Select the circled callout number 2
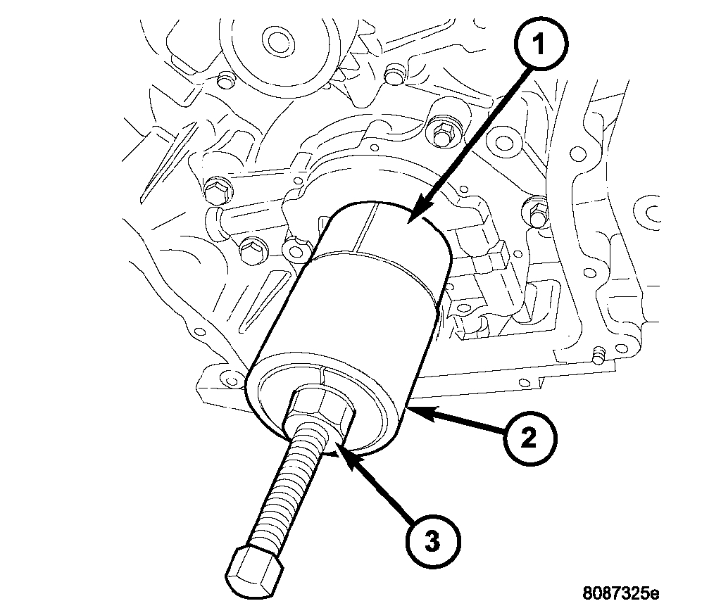530,439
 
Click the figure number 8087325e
620,593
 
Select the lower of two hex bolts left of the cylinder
249,249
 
